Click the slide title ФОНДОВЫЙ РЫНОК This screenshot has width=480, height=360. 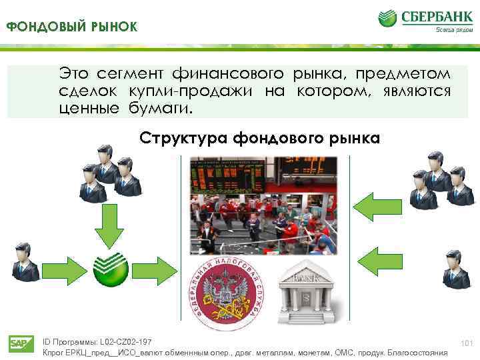click(x=72, y=27)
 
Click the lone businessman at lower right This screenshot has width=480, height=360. click(x=456, y=267)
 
